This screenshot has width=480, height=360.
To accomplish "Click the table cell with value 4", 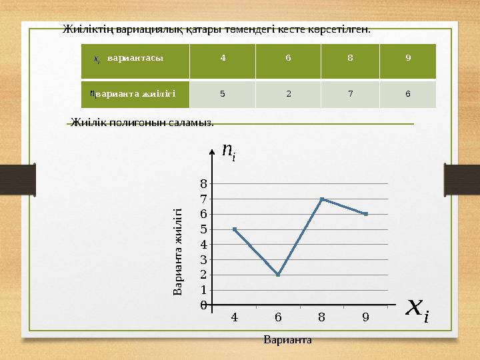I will tap(223, 57).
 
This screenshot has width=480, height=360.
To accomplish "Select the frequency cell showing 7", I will tap(350, 93).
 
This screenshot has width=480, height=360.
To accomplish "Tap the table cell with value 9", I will tap(407, 57).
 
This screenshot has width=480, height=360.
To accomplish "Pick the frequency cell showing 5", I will tap(223, 93).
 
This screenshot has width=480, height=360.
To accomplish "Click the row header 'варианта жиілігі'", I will tap(135, 93).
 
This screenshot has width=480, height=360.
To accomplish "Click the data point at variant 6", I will tap(278, 274).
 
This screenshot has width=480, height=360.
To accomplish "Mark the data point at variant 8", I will tap(322, 199).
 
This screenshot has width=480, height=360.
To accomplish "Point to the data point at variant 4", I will tap(234, 229).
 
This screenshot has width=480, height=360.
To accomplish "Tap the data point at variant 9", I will tap(366, 214).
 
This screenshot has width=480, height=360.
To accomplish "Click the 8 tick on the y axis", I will tap(203, 183).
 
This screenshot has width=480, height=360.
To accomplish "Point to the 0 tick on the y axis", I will tap(203, 305).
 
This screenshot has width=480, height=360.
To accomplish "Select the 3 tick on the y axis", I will tap(203, 259).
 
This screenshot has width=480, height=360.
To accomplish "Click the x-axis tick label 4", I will tap(234, 317).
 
